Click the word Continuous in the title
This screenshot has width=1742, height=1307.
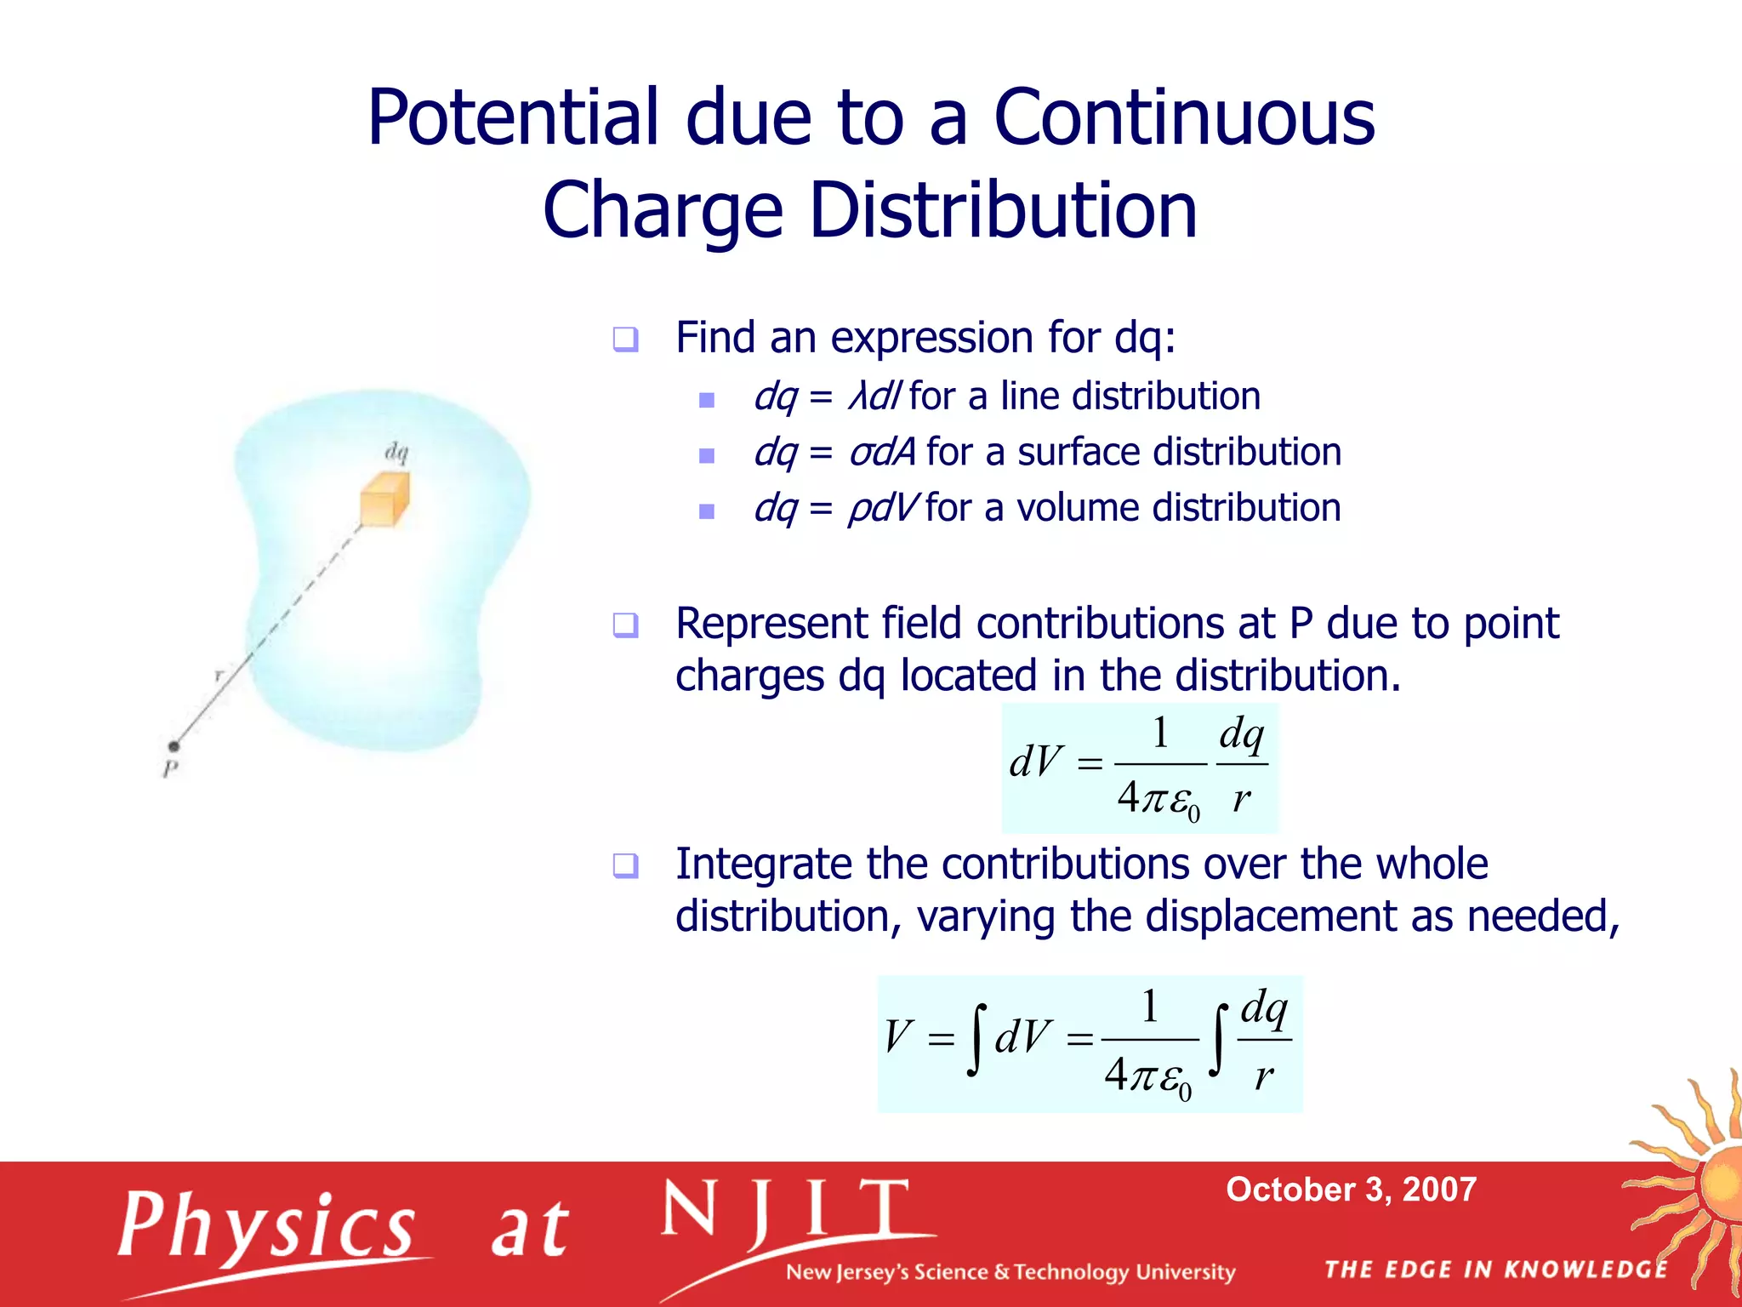[1183, 117]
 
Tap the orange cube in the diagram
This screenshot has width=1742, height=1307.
[384, 499]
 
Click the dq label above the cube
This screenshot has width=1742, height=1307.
[396, 452]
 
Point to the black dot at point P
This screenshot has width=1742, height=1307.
[174, 746]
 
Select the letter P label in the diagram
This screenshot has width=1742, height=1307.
[170, 769]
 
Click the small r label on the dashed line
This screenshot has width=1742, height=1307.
[219, 675]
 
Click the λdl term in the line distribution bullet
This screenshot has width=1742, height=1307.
[874, 397]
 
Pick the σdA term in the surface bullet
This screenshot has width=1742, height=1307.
[882, 452]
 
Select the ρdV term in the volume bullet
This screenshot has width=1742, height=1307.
[882, 508]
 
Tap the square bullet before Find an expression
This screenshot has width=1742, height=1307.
[625, 340]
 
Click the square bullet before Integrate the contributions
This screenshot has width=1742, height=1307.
[625, 866]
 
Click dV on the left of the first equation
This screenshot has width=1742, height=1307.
[1035, 762]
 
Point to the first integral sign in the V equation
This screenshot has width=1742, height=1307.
[977, 1039]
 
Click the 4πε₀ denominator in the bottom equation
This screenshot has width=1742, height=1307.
[1147, 1077]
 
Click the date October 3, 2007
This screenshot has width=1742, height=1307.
[1351, 1189]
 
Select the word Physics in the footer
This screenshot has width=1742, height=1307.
[267, 1226]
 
